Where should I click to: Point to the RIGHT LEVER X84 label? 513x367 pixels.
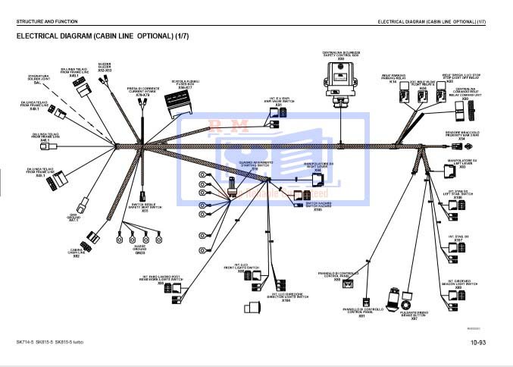317,167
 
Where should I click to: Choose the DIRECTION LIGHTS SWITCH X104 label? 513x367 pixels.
286,297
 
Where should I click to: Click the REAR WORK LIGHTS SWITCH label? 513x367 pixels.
161,278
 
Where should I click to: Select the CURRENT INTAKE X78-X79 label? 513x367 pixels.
142,93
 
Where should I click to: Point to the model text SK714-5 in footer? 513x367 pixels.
27,343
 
